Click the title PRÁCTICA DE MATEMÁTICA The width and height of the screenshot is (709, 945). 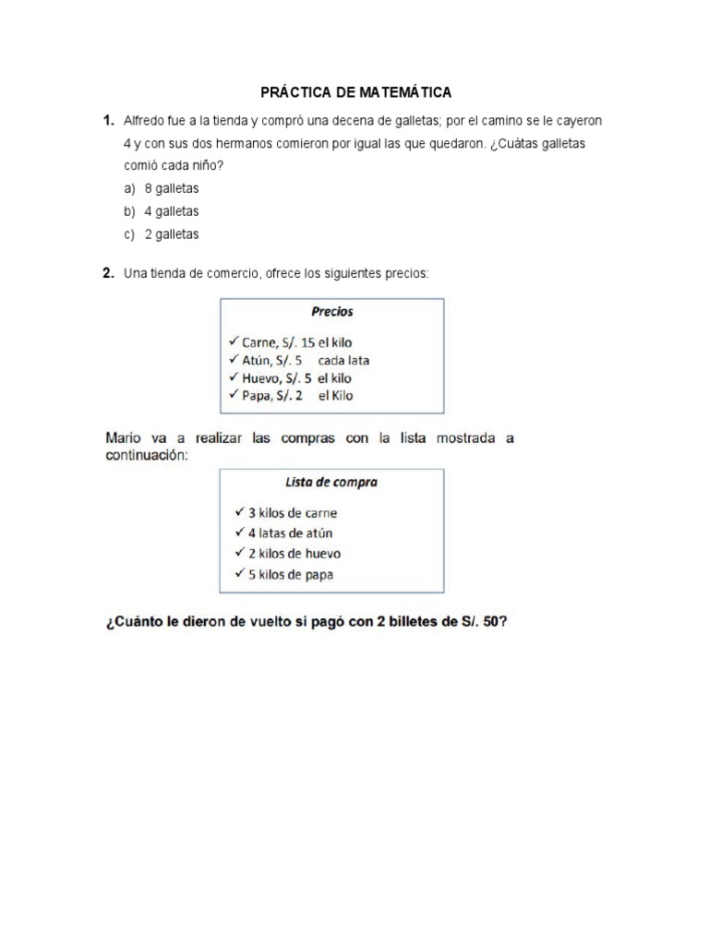[x=355, y=92]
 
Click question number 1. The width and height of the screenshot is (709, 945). [x=108, y=121]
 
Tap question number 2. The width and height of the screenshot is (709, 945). [x=108, y=272]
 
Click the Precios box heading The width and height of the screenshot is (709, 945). [x=331, y=312]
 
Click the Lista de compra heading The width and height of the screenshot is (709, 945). [x=330, y=482]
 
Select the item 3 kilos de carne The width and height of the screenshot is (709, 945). [x=292, y=513]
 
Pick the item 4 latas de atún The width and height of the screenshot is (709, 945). [x=290, y=533]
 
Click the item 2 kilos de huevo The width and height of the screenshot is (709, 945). [x=294, y=554]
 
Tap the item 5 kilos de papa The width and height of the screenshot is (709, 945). [x=290, y=574]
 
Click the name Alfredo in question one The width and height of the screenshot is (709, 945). [x=144, y=121]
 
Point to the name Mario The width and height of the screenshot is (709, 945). [x=124, y=438]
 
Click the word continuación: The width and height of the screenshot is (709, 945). [x=147, y=455]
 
